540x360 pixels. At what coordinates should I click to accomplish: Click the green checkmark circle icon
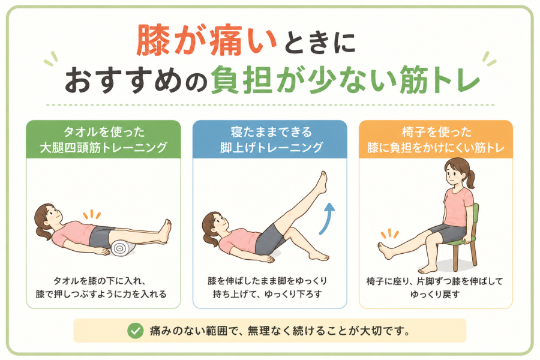point(136,331)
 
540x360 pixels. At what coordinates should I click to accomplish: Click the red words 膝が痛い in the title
point(206,40)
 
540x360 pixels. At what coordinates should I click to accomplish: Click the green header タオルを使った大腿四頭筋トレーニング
point(103,140)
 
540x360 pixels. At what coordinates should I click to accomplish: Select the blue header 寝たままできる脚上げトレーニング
point(270,140)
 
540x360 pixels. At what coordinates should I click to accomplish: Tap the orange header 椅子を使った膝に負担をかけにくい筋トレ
point(436,140)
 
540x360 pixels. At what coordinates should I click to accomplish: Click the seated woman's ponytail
point(470,179)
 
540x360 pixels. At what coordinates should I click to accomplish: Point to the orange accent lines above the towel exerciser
point(92,215)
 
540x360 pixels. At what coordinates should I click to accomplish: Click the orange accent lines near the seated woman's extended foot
point(389,233)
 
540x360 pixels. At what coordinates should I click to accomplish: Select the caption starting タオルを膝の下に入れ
point(101,287)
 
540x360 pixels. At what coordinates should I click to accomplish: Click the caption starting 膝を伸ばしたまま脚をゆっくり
point(268,287)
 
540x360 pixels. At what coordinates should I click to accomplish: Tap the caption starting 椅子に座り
point(434,288)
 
